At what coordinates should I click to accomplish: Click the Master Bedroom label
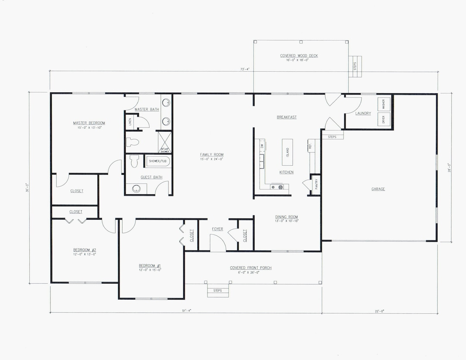tap(89, 123)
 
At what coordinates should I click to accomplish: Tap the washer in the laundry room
tap(384, 104)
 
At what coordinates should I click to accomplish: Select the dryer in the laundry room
tap(384, 120)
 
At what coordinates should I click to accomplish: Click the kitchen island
tap(287, 152)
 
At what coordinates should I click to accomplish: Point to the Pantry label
tap(316, 184)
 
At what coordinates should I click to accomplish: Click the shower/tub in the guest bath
tap(158, 161)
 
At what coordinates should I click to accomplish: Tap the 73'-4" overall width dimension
tap(245, 69)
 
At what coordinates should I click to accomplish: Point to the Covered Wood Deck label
tap(299, 56)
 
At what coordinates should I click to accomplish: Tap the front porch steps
tap(217, 291)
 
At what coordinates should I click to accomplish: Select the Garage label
tap(378, 189)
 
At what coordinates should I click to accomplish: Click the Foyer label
tap(217, 229)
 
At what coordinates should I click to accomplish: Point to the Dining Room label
tap(287, 217)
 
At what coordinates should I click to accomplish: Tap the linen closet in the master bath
tap(130, 122)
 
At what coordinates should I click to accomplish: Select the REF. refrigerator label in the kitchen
tap(310, 146)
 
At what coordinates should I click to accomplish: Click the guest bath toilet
tap(134, 161)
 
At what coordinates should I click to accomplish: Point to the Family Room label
tap(211, 155)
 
